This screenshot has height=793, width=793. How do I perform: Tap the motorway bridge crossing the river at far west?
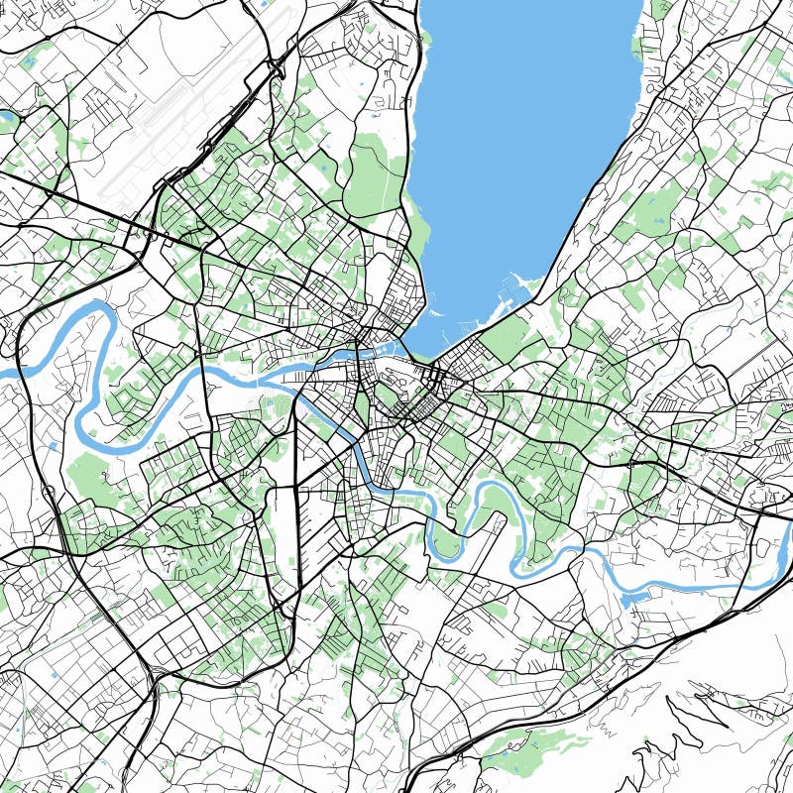pyautogui.click(x=30, y=363)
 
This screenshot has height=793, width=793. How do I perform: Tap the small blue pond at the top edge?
pyautogui.click(x=263, y=5)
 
